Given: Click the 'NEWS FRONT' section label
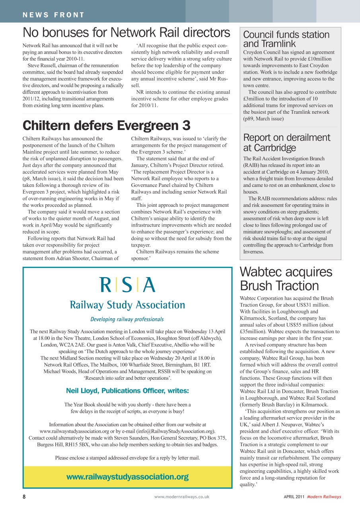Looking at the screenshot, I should (54, 15).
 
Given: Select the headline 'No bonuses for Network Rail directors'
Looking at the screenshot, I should (126, 32).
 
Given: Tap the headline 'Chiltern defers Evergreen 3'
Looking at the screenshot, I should (107, 125).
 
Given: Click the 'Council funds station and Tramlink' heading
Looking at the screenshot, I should (286, 39).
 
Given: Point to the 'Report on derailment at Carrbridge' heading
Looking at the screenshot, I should (286, 143).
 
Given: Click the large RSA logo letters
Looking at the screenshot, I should (127, 285).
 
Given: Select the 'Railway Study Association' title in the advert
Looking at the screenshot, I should (127, 305).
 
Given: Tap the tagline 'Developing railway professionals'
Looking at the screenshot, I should (127, 319).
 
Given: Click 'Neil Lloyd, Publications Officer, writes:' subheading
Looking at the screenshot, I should (127, 391).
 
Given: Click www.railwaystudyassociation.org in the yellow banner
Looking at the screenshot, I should (127, 477).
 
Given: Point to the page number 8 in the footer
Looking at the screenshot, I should (24, 497).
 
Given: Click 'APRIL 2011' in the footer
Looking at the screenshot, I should (294, 497).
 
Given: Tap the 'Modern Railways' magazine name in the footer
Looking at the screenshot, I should (324, 497).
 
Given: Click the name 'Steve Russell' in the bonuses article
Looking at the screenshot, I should (43, 65).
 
